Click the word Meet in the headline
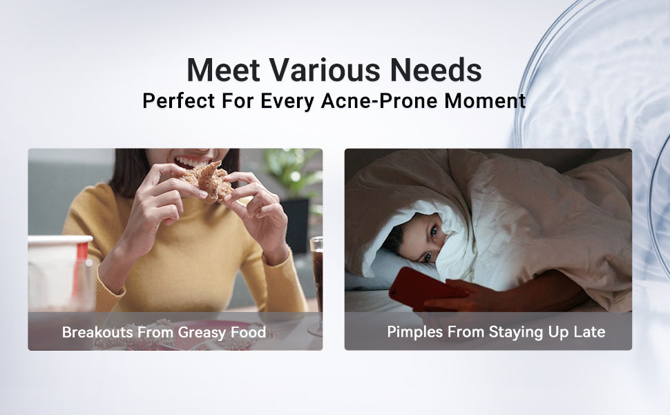coord(224,70)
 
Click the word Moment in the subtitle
coord(485,101)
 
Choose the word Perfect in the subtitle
coord(179,101)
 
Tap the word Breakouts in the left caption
coord(97,333)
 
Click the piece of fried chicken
coord(207,181)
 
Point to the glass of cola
coord(316,278)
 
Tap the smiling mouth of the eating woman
coord(191,162)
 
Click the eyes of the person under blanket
coord(431,244)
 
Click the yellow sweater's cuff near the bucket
coord(108,289)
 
